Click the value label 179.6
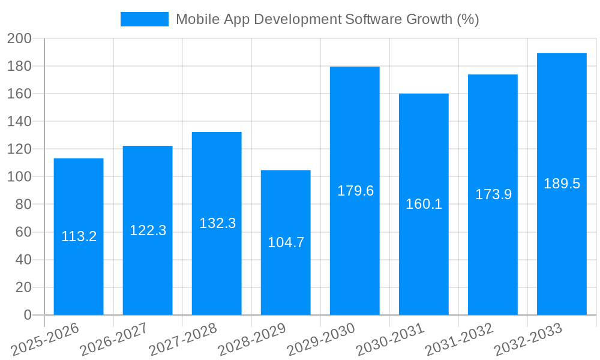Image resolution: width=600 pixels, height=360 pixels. coord(355,191)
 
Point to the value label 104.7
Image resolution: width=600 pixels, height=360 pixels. coord(286,242)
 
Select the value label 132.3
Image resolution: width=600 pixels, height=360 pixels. coord(217,223)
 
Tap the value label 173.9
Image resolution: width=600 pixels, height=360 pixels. coord(493,194)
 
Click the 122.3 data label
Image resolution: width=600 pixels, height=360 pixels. coord(148,230)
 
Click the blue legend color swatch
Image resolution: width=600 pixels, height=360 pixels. coord(145,19)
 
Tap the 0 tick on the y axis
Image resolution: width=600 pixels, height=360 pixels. coord(27,315)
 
